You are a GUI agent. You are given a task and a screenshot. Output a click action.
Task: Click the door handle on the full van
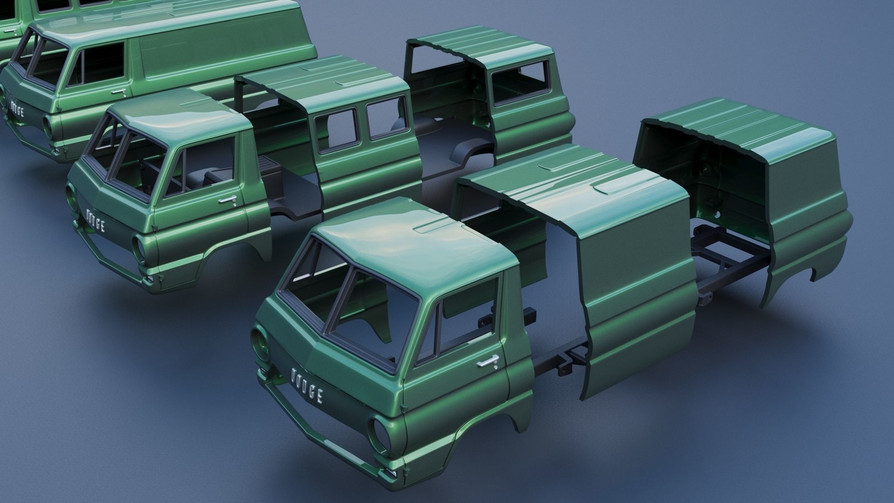tap(120, 93)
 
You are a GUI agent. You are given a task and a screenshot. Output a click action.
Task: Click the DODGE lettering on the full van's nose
tap(17, 109)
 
